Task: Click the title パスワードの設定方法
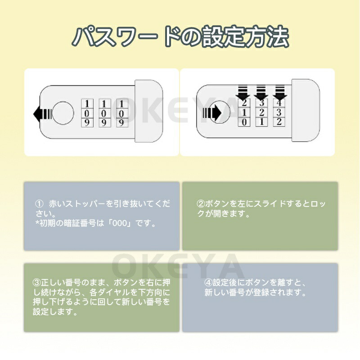[x=181, y=37]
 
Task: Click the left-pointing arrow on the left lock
[x=43, y=114]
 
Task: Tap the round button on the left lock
[x=63, y=113]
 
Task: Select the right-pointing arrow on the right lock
[x=212, y=113]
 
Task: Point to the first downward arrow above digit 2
[x=243, y=93]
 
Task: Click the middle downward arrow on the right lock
[x=261, y=93]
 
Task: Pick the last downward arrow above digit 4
[x=279, y=93]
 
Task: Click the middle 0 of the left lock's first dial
[x=87, y=113]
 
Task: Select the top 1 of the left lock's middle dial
[x=104, y=104]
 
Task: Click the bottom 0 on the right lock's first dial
[x=244, y=122]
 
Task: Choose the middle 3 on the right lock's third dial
[x=279, y=112]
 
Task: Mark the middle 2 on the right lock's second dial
[x=262, y=112]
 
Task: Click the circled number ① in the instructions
[x=39, y=204]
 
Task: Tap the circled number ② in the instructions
[x=201, y=204]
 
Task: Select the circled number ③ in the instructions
[x=37, y=283]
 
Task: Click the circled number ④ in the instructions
[x=208, y=283]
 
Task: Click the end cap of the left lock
[x=149, y=111]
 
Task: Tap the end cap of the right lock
[x=306, y=110]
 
